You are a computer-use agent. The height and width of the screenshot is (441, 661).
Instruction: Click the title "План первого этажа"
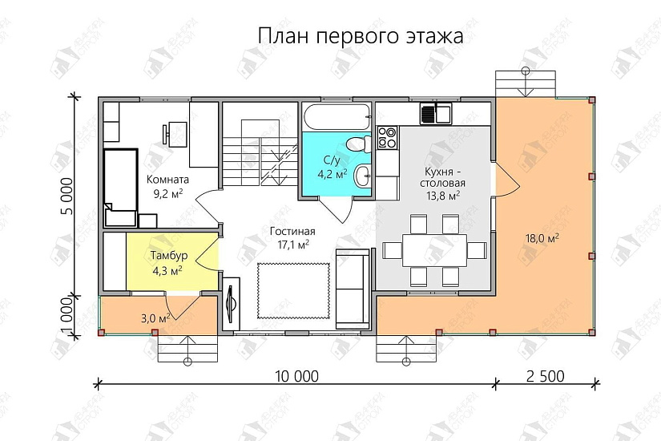coord(361,36)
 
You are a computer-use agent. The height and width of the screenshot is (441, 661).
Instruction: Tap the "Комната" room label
coord(168,180)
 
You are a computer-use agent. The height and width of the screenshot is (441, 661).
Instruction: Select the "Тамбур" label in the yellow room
coord(169,256)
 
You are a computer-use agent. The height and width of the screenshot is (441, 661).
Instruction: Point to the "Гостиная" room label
coord(290,230)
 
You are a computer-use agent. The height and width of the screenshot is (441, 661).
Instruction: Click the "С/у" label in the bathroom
coord(333,159)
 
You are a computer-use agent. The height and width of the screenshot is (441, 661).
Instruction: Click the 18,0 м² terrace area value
coord(542,238)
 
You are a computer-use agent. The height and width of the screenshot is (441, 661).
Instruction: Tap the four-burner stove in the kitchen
coord(387,137)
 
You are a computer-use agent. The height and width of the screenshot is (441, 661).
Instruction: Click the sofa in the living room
coord(353,289)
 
